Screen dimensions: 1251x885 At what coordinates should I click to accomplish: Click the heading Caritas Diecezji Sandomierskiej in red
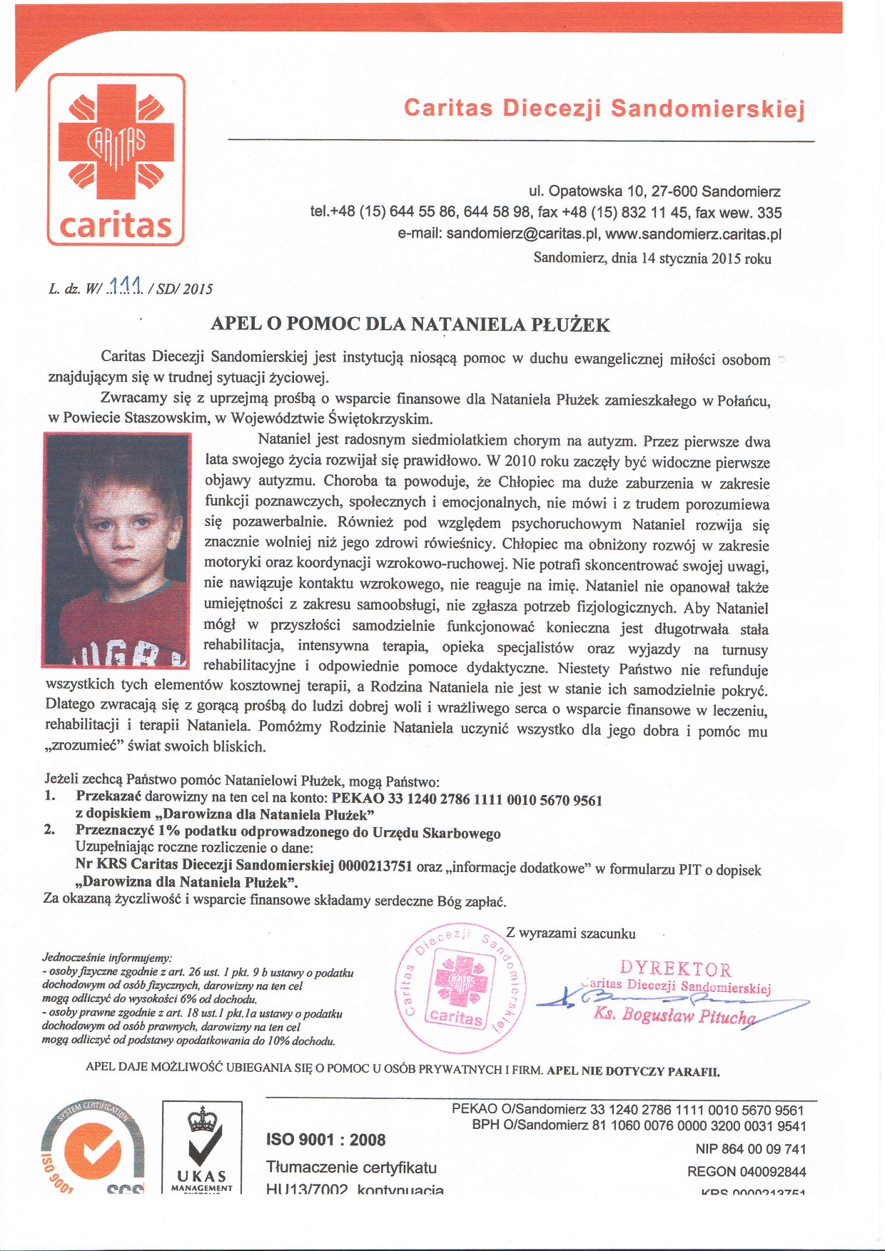click(x=604, y=108)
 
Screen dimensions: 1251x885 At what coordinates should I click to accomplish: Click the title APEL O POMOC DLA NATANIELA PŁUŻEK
click(x=410, y=325)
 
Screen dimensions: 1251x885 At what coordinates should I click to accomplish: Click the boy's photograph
click(x=116, y=549)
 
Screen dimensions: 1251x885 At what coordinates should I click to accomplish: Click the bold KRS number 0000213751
click(x=375, y=866)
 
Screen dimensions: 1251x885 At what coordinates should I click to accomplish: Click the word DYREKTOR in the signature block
click(x=675, y=969)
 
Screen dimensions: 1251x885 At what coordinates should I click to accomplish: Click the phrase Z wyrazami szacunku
click(x=570, y=933)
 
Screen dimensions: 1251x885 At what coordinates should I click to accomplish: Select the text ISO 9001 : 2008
click(x=325, y=1140)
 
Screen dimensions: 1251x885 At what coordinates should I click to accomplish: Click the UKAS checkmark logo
click(x=201, y=1147)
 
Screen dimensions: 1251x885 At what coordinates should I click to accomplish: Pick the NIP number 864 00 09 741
click(x=750, y=1149)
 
